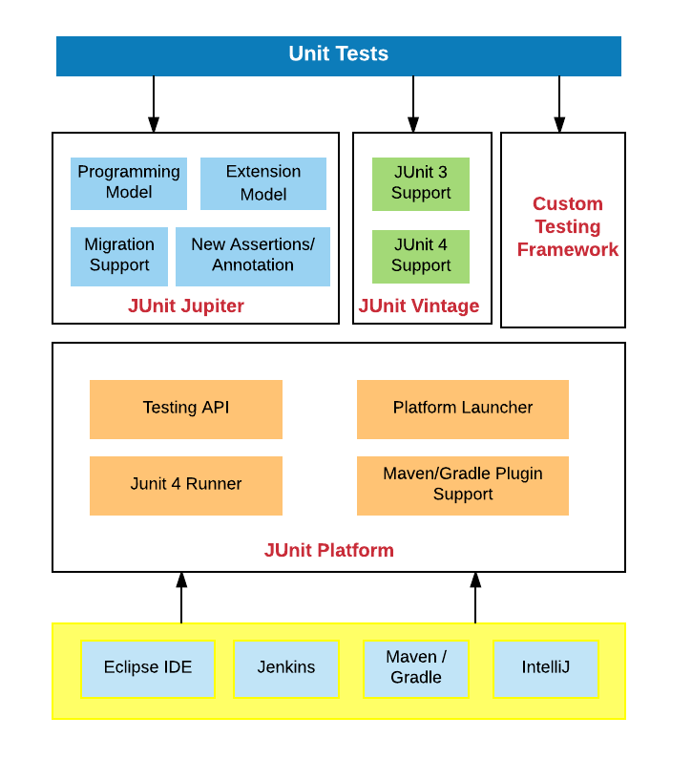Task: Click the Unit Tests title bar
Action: point(339,55)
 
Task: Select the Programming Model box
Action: point(129,183)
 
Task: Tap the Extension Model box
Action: point(263,183)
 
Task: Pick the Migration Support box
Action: point(119,256)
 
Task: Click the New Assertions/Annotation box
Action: point(253,256)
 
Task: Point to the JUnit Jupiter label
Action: point(186,306)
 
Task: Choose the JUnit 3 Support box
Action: point(421,183)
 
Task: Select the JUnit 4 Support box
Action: point(421,256)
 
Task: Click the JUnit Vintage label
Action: point(419,306)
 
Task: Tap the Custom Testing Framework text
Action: point(567,227)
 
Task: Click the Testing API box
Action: point(186,409)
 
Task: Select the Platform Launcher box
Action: point(463,409)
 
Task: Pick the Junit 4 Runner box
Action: point(186,485)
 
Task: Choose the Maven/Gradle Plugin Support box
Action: point(463,485)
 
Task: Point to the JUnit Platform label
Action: point(329,551)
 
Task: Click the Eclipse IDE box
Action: point(148,668)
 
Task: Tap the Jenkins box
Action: point(286,668)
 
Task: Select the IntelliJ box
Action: point(546,668)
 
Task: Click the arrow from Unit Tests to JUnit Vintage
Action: point(413,103)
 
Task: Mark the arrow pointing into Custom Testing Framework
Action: point(559,103)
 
